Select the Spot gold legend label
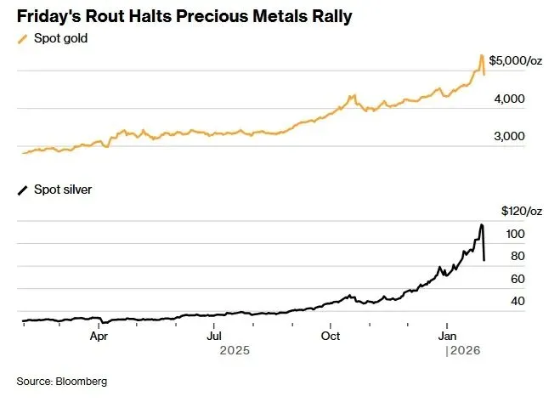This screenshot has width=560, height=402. [60, 39]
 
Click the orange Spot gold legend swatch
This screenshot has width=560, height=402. [23, 39]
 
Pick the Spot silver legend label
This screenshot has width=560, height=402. [63, 190]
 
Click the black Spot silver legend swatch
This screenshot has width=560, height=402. [23, 190]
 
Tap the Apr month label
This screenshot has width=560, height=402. [99, 336]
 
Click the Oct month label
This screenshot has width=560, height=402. [330, 336]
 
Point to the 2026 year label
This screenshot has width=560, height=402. [464, 350]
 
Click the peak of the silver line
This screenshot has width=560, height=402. [482, 225]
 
